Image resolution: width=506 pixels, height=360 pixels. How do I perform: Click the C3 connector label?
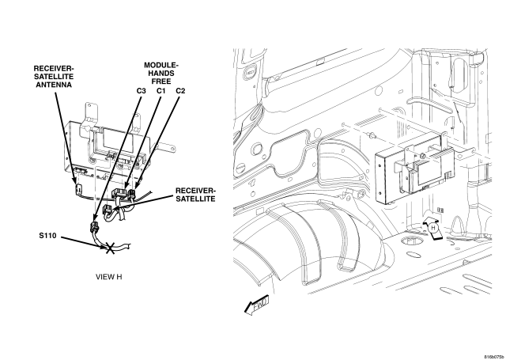[x=141, y=91]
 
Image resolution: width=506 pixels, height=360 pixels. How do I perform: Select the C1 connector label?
[x=160, y=91]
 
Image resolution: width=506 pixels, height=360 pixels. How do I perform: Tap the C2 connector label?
[x=180, y=91]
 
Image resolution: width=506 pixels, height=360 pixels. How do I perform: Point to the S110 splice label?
[x=47, y=236]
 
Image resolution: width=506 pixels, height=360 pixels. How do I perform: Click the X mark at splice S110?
[x=110, y=248]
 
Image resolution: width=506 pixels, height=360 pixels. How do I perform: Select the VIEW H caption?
[x=109, y=277]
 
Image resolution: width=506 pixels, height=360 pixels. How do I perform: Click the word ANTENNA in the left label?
[x=54, y=85]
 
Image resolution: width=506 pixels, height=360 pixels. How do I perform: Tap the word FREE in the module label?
[x=161, y=81]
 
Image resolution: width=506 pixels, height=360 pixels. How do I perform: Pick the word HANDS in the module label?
[x=161, y=74]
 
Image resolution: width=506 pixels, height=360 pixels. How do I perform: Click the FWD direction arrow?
[x=256, y=305]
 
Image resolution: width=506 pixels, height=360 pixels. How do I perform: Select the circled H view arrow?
[x=432, y=228]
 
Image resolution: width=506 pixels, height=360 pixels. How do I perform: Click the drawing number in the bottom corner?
[x=493, y=357]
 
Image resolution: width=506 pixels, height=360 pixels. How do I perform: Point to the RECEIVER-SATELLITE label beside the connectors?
[x=195, y=195]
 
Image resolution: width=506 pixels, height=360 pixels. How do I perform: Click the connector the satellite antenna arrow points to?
[x=78, y=190]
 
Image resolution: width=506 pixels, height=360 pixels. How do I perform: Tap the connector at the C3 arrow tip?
[x=93, y=227]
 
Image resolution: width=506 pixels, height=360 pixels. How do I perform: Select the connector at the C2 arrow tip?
[x=132, y=194]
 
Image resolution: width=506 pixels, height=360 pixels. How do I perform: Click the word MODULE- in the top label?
[x=161, y=66]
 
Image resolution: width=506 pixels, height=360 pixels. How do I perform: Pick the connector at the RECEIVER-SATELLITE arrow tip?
[x=108, y=210]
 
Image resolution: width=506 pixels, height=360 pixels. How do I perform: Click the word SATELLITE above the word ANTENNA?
[x=54, y=77]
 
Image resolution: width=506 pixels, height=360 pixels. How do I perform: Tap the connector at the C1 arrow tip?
[x=119, y=193]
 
